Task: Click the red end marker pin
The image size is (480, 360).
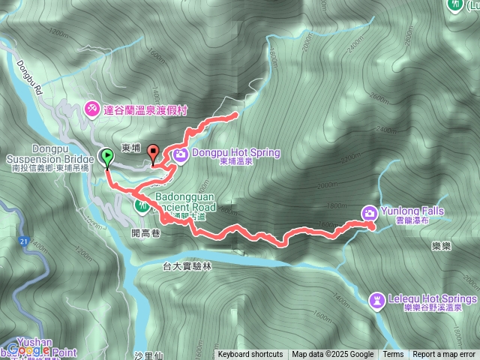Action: click(x=154, y=153)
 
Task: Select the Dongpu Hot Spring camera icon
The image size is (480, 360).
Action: click(x=181, y=155)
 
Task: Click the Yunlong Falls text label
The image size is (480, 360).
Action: click(x=412, y=211)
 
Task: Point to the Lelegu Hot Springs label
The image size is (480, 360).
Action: click(x=432, y=298)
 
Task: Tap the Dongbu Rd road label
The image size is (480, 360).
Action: click(x=31, y=57)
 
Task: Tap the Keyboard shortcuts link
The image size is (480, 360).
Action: click(x=250, y=355)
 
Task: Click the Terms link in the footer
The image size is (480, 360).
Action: click(x=393, y=355)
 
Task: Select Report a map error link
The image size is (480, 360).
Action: click(x=444, y=355)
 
